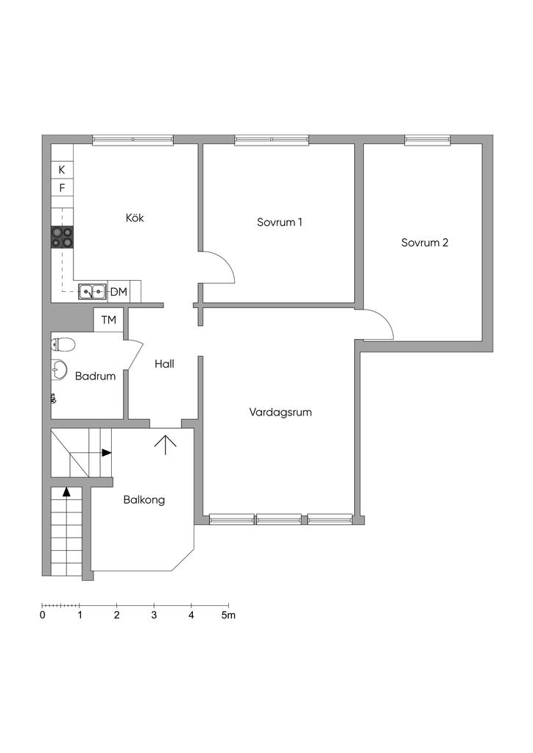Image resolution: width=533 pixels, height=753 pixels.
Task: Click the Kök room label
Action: [135, 218]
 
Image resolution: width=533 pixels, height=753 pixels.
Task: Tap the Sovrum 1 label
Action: [279, 222]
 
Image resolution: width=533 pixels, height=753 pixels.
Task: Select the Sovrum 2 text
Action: [425, 243]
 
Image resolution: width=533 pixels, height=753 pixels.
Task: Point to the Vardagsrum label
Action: [280, 412]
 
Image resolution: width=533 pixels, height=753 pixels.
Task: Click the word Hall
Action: [164, 364]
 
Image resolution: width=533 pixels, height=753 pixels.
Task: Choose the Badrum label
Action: [95, 376]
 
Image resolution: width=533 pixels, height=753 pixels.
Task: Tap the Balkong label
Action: [144, 500]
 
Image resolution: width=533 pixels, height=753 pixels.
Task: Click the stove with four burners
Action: [63, 238]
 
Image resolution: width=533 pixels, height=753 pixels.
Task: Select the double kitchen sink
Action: [92, 291]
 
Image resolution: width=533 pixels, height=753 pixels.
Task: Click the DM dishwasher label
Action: [119, 291]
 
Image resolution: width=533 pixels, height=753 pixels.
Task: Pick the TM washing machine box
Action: [109, 319]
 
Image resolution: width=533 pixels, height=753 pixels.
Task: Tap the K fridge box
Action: [62, 170]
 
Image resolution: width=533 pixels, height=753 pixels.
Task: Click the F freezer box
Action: [62, 188]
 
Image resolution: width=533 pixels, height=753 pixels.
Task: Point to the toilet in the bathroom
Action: [63, 344]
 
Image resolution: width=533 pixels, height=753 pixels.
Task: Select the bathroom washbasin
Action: [59, 370]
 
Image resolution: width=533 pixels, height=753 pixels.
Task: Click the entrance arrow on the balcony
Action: [166, 445]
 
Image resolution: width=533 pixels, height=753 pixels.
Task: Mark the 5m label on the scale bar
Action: [228, 615]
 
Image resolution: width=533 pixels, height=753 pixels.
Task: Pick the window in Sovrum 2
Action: [427, 140]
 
